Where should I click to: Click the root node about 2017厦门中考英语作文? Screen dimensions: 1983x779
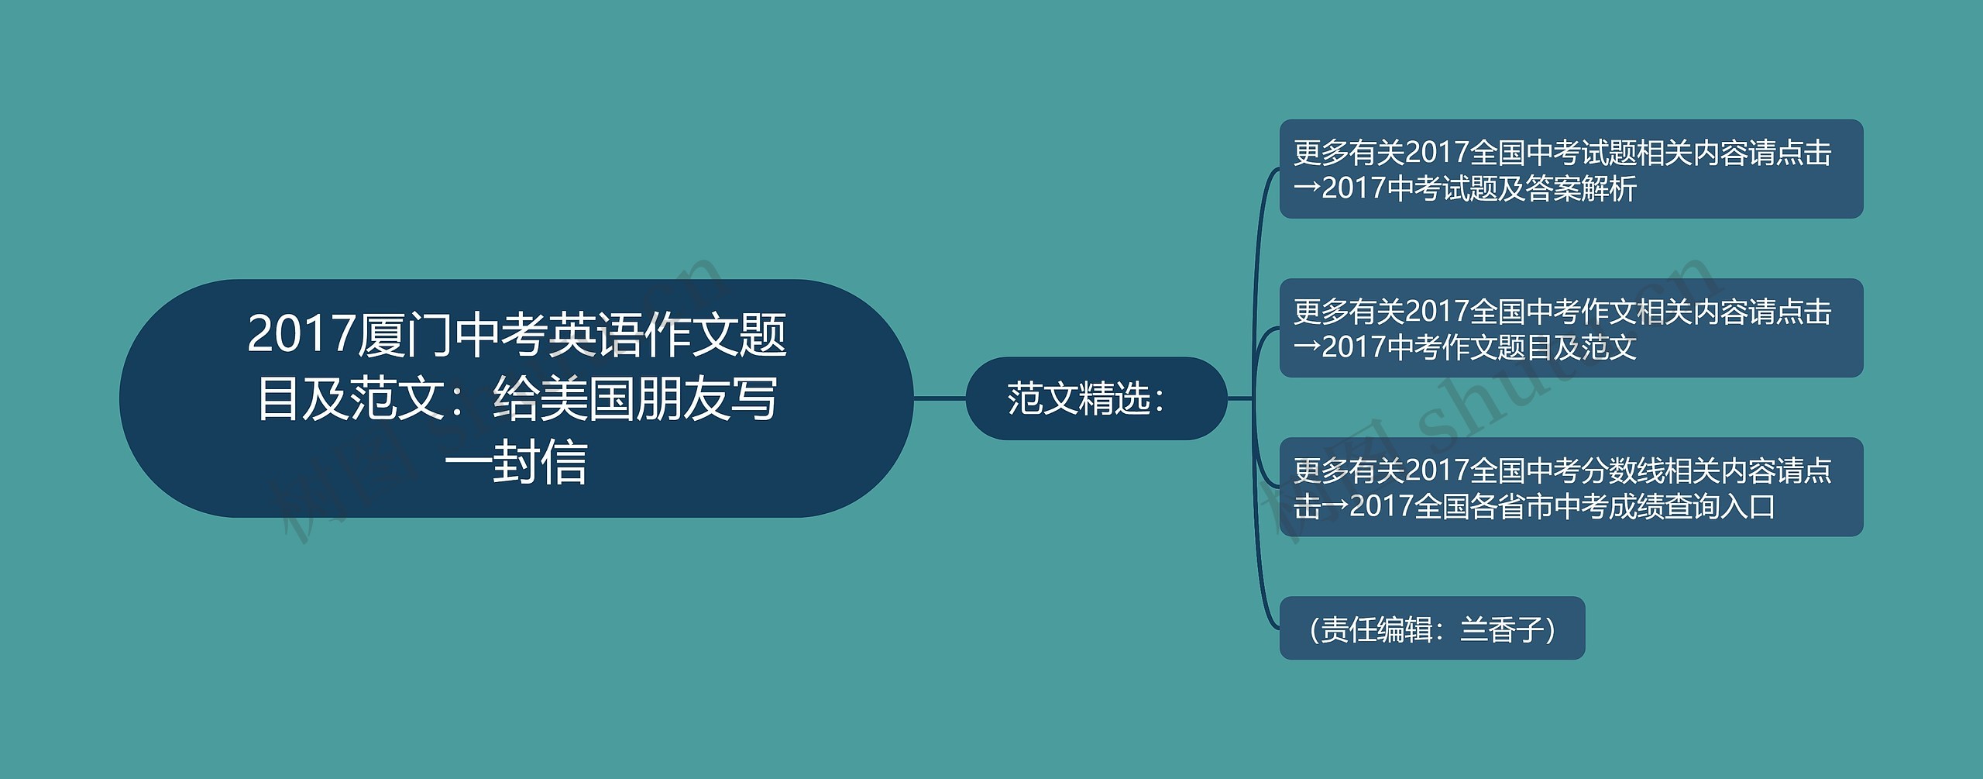tap(516, 398)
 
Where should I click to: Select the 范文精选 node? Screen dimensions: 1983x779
tap(1095, 398)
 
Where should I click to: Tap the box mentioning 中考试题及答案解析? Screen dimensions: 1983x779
tap(1570, 169)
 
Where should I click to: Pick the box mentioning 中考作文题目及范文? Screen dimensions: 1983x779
tap(1570, 328)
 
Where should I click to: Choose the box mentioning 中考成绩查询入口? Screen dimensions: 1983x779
tap(1570, 487)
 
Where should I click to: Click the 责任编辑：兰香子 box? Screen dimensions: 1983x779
tap(1431, 629)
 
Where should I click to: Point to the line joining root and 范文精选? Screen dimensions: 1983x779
tap(940, 398)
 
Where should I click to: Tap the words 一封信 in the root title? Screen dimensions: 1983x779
tap(516, 463)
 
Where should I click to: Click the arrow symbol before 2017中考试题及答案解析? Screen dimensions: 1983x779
tap(1307, 189)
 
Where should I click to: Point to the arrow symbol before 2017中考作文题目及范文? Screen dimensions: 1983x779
tap(1307, 348)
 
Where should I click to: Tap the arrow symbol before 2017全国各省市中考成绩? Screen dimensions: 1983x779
tap(1335, 507)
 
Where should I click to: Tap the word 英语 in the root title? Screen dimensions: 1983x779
tap(596, 335)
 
